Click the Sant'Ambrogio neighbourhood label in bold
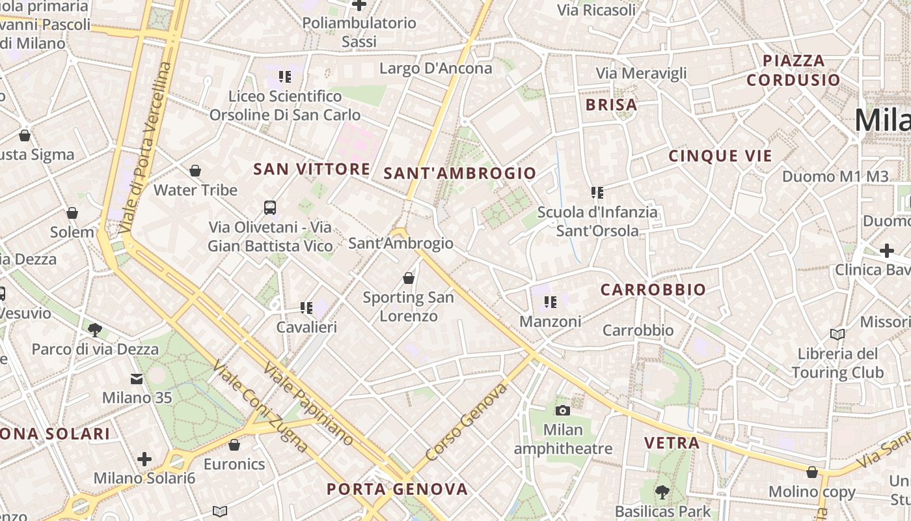[x=459, y=173]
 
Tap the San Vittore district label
[x=312, y=169]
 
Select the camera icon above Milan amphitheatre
[x=563, y=410]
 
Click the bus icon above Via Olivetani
[x=270, y=208]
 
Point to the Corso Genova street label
[x=465, y=421]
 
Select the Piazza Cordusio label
[x=793, y=70]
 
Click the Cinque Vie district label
[x=720, y=156]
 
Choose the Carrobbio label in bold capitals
[x=653, y=290]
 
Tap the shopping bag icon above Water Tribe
[x=195, y=171]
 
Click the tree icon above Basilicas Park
[x=662, y=492]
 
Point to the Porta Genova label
[x=397, y=489]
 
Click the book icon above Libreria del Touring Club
[x=837, y=334]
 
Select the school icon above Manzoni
[x=551, y=302]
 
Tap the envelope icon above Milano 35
[x=137, y=378]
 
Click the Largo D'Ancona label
[x=435, y=68]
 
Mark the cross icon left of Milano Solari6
[x=144, y=459]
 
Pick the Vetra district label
[x=672, y=444]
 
